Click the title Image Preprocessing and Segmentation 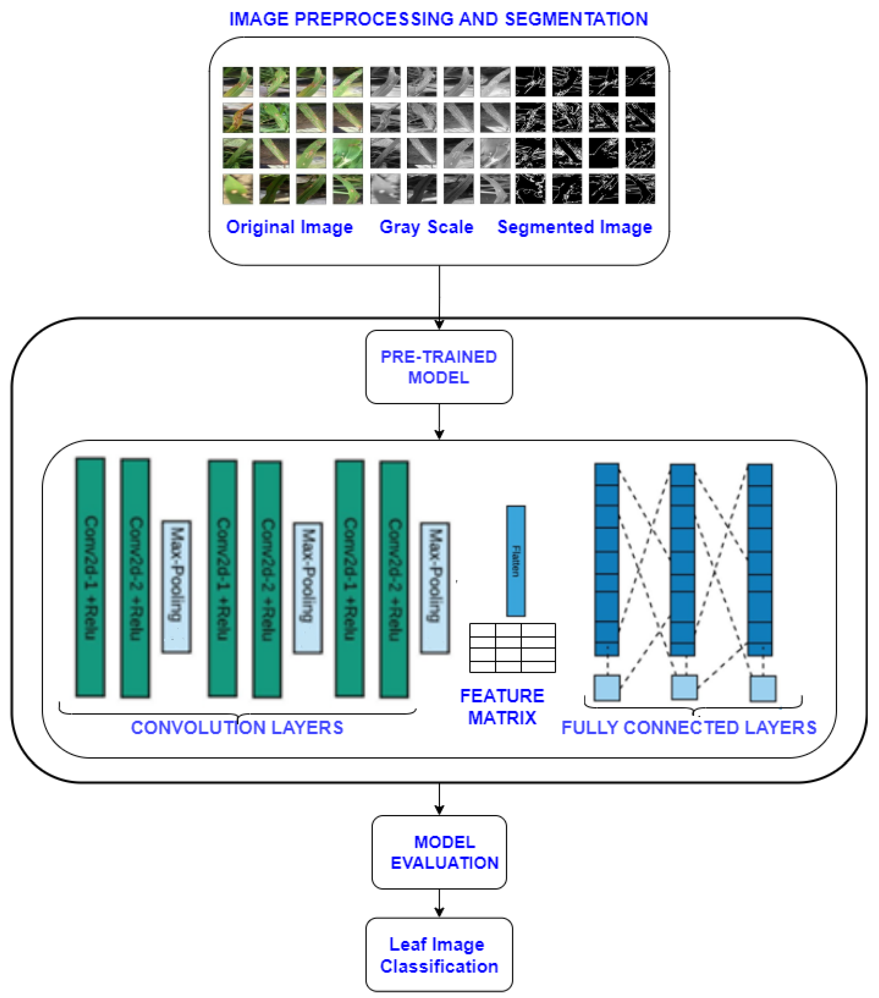438,19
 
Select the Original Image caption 289,227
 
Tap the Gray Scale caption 426,227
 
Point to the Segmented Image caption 574,227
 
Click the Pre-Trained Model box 439,367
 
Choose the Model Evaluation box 439,852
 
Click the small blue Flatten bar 516,561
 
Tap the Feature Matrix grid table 512,647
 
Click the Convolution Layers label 237,727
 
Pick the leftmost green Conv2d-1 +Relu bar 90,577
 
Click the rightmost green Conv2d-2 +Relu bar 394,579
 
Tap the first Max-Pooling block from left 176,586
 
